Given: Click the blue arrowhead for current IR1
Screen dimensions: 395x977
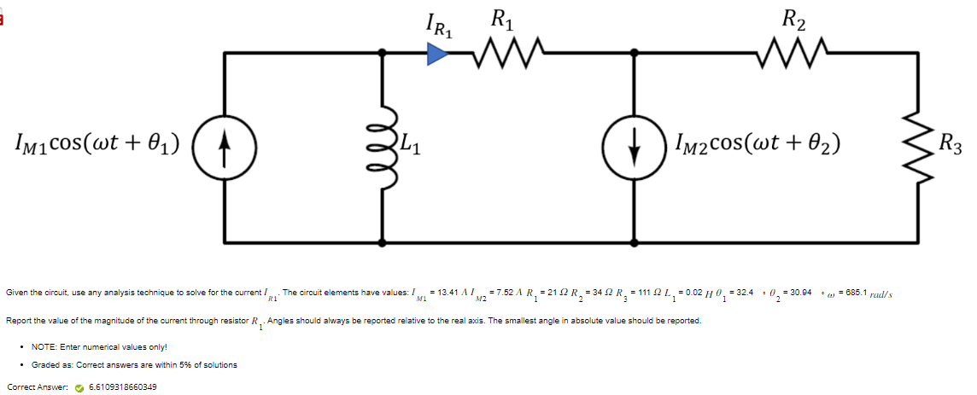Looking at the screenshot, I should pos(436,55).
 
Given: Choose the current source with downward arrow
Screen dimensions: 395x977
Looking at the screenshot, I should pos(633,143).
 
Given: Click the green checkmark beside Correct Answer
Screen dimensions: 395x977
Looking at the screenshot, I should pos(79,386).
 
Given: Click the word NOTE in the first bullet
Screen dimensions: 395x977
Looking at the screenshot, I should pos(44,346).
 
